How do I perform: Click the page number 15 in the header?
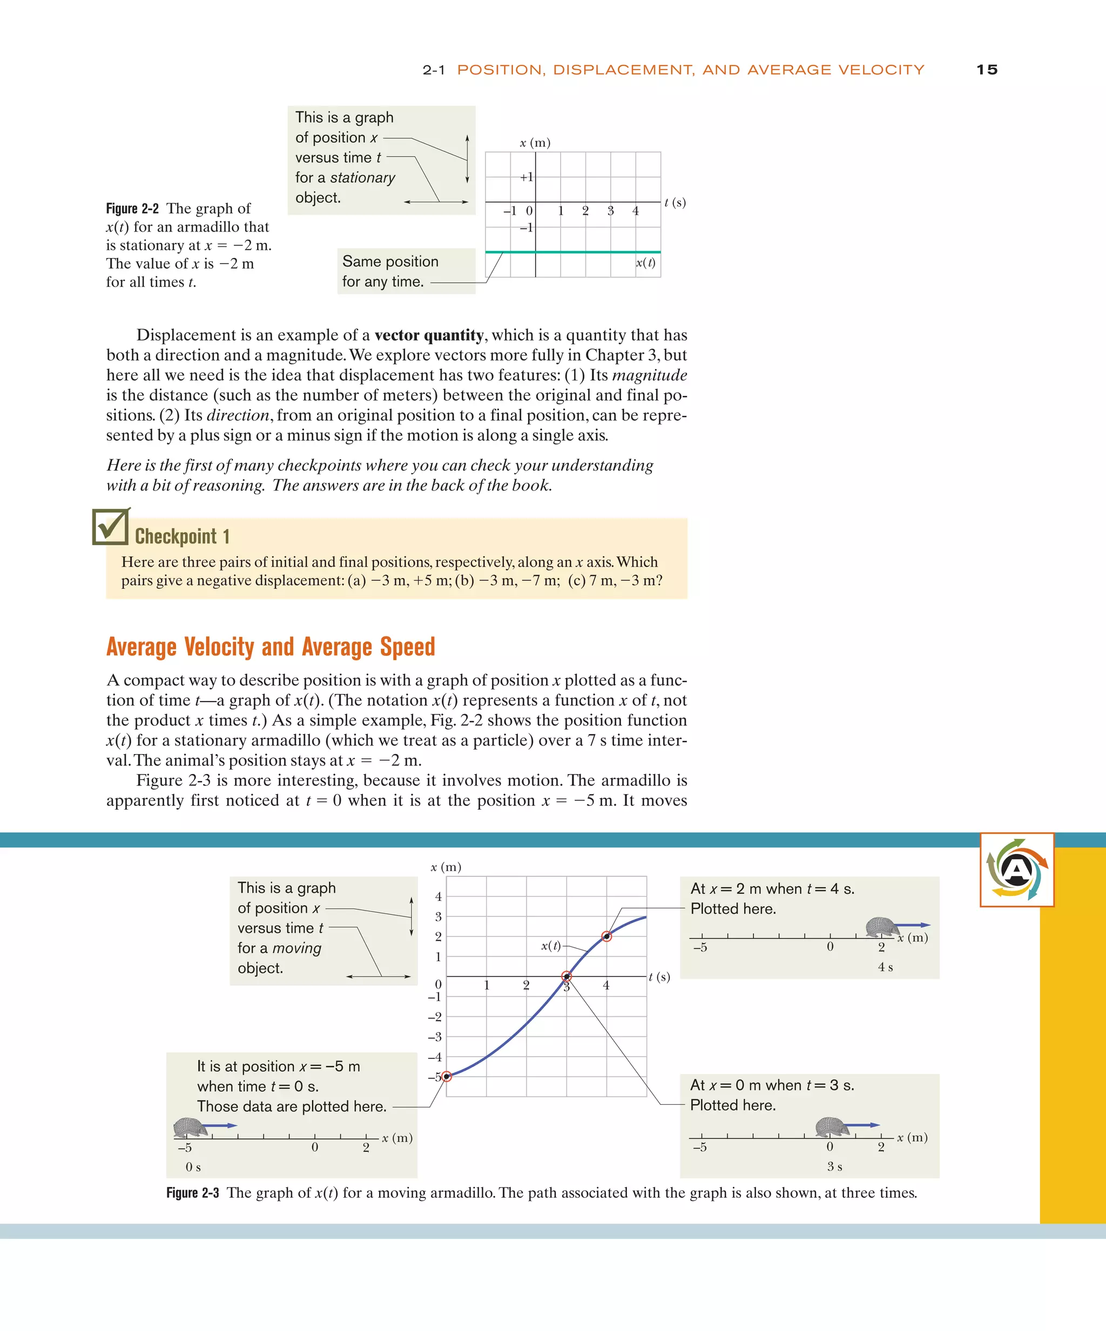pyautogui.click(x=987, y=70)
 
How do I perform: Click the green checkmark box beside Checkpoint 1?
pyautogui.click(x=110, y=527)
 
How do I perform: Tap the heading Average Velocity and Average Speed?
pyautogui.click(x=271, y=647)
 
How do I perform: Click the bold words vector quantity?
pyautogui.click(x=429, y=335)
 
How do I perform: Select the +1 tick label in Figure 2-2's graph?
pyautogui.click(x=527, y=177)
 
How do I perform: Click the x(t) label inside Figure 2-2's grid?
pyautogui.click(x=645, y=262)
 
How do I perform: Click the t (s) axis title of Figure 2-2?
pyautogui.click(x=675, y=202)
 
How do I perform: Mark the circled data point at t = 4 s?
pyautogui.click(x=606, y=936)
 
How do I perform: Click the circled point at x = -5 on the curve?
pyautogui.click(x=447, y=1076)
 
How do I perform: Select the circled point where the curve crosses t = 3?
pyautogui.click(x=567, y=977)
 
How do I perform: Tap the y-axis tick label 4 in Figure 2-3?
pyautogui.click(x=438, y=896)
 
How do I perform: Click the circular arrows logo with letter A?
pyautogui.click(x=1016, y=870)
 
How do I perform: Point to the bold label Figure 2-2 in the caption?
pyautogui.click(x=132, y=208)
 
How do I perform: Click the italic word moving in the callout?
pyautogui.click(x=297, y=948)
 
